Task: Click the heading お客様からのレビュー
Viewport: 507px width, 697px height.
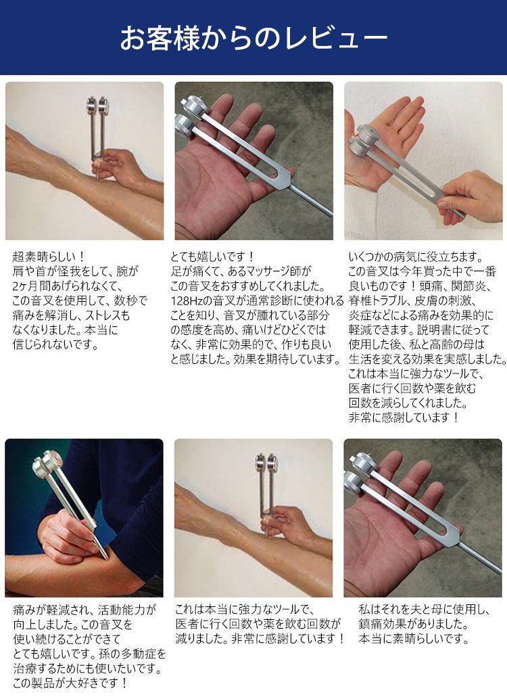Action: [x=254, y=39]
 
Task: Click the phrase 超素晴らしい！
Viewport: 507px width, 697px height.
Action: [x=49, y=256]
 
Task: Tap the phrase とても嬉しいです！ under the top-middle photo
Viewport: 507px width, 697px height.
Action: [x=213, y=256]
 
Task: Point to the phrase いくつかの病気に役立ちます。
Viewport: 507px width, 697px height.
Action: [x=416, y=256]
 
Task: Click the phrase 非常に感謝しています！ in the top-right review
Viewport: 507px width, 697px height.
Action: [x=404, y=418]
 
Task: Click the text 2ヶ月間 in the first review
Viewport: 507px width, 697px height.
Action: [x=32, y=286]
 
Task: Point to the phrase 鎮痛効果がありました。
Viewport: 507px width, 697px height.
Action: [x=414, y=624]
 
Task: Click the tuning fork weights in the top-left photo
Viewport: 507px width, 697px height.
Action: [x=97, y=106]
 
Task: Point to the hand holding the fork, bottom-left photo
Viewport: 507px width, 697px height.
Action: [x=67, y=536]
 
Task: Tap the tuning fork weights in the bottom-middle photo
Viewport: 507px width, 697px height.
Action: [x=266, y=462]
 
